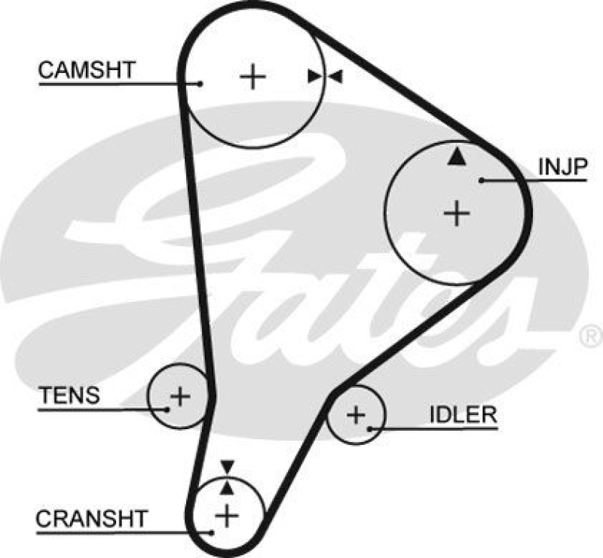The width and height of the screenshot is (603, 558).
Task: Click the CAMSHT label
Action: (86, 71)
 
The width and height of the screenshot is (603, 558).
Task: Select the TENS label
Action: (69, 395)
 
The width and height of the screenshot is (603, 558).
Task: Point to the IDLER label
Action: (462, 414)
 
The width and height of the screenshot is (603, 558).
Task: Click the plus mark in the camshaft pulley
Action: (253, 76)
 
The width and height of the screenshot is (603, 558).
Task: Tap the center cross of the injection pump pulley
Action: (456, 213)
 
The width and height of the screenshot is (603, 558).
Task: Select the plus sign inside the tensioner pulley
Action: (179, 395)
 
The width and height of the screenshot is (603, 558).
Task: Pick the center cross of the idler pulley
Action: (355, 413)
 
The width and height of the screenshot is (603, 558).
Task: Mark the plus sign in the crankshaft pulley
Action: (226, 516)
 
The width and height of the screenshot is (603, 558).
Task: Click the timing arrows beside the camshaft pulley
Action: (325, 76)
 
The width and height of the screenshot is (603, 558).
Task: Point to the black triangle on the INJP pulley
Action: (455, 157)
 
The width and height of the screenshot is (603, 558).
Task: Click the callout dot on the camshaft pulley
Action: (201, 83)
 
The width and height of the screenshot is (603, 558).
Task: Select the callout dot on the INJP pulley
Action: (481, 180)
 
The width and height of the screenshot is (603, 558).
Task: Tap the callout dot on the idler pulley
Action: (371, 429)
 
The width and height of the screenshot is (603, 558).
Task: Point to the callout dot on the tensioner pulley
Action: (167, 409)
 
